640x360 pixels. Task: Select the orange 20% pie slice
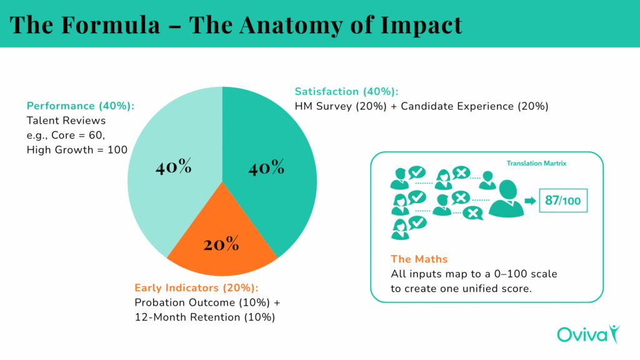tap(221, 241)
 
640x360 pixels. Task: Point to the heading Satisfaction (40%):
tap(346, 91)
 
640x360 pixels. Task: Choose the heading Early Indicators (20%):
tap(196, 288)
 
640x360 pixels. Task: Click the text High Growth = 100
tap(77, 150)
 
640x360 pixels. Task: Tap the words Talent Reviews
tap(66, 120)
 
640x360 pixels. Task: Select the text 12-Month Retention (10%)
tap(205, 317)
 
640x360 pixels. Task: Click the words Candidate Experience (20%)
tap(474, 106)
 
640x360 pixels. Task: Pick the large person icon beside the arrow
tap(506, 199)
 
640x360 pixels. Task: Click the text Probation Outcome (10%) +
tap(207, 302)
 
